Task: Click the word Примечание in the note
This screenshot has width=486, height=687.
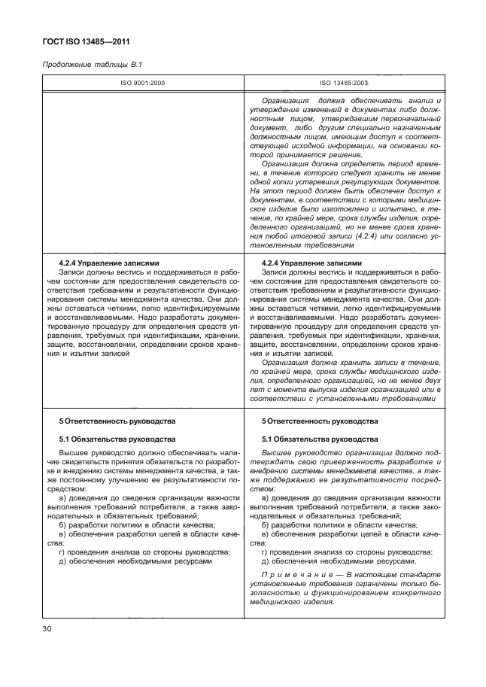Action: point(291,576)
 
